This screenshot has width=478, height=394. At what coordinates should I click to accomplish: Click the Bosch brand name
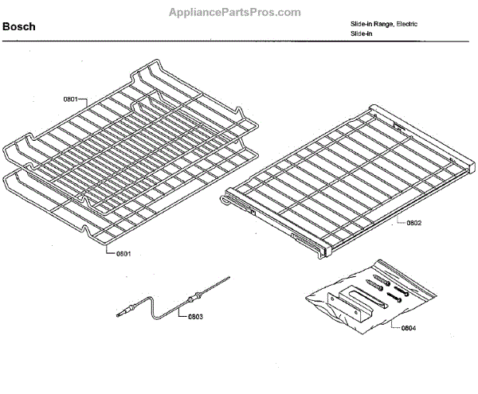pos(18,27)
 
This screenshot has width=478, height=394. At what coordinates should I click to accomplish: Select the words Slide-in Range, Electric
pos(385,24)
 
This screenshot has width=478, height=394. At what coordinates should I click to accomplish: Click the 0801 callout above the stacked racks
pos(70,99)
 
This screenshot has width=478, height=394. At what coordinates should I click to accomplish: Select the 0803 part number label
pos(196,317)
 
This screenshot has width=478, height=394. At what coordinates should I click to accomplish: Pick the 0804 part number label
pos(407,327)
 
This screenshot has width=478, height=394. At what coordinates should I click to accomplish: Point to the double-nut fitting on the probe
pos(191,298)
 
